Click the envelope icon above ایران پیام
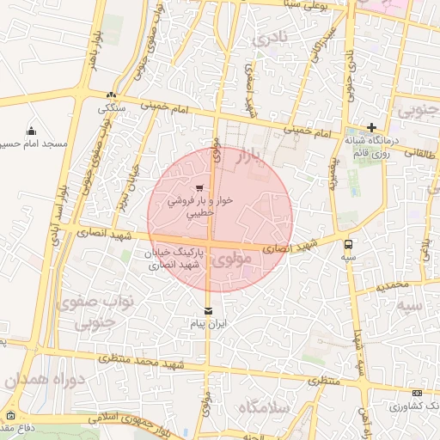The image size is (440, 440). (207, 311)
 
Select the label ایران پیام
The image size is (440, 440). (208, 325)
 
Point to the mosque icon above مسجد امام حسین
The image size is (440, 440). (32, 131)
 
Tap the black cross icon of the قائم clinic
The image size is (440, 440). (371, 127)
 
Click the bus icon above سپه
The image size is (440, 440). (348, 243)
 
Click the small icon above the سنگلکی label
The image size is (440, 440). (112, 95)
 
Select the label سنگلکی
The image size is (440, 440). (113, 108)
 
